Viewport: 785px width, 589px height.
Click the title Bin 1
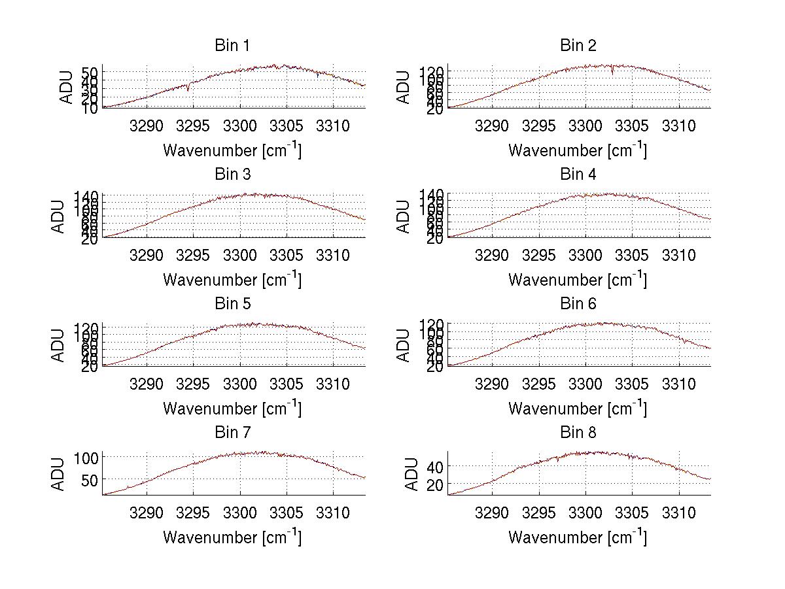pos(232,46)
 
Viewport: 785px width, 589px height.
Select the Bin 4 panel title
pos(578,175)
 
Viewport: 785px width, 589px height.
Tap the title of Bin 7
pos(232,433)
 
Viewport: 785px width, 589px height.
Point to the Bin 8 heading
pos(578,433)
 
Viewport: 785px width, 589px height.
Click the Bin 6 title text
pos(578,304)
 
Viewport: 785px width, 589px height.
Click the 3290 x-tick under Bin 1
pos(147,126)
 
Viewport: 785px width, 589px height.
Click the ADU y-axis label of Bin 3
pos(59,216)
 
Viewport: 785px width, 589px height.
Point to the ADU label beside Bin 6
pos(404,345)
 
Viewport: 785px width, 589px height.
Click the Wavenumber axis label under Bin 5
pos(232,409)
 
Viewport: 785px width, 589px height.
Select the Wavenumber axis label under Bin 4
pos(578,280)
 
